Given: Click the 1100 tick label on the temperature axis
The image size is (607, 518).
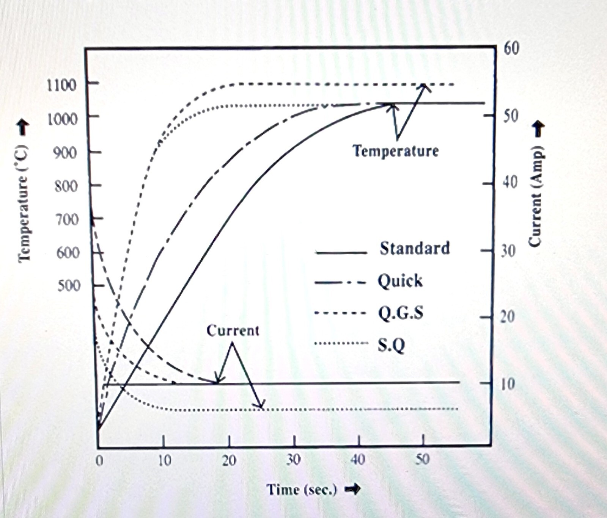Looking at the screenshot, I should [x=61, y=85].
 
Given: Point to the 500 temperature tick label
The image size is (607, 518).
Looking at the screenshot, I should [x=69, y=285].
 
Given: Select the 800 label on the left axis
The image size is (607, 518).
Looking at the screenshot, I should [x=66, y=186].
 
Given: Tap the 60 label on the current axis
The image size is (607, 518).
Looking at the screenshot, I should [x=511, y=49].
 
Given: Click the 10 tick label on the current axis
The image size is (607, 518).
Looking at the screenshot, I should [x=508, y=384].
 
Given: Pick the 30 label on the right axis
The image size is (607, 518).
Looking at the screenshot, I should [x=508, y=251].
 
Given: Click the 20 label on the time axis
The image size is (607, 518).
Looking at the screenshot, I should [x=229, y=460].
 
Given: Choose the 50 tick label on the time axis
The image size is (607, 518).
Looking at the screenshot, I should [x=423, y=460].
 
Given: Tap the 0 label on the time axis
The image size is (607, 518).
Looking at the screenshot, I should [x=99, y=460].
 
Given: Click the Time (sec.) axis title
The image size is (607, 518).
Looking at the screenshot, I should [x=302, y=489].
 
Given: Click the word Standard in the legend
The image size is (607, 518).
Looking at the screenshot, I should [x=415, y=249].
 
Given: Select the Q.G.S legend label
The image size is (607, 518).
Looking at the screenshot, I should [x=401, y=313].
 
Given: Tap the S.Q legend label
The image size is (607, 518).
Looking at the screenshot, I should [x=391, y=345].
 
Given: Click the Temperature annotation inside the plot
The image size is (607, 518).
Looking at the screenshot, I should [x=396, y=151].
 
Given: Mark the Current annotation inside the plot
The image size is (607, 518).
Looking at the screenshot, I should [x=233, y=331].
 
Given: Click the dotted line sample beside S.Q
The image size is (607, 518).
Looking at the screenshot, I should [x=340, y=344].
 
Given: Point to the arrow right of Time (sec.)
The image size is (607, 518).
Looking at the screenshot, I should [x=352, y=489].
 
